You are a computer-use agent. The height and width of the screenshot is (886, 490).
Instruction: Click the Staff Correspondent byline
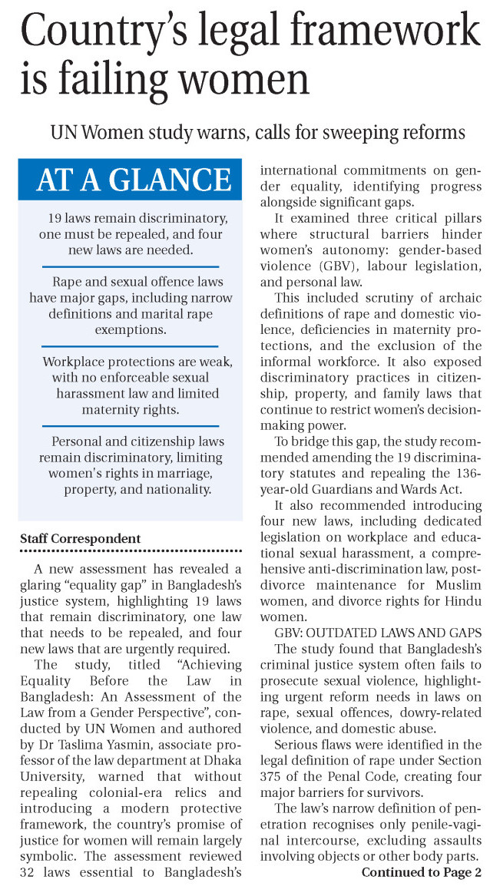pyautogui.click(x=80, y=538)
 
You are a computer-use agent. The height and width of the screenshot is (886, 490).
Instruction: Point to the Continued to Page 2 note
pyautogui.click(x=422, y=873)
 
